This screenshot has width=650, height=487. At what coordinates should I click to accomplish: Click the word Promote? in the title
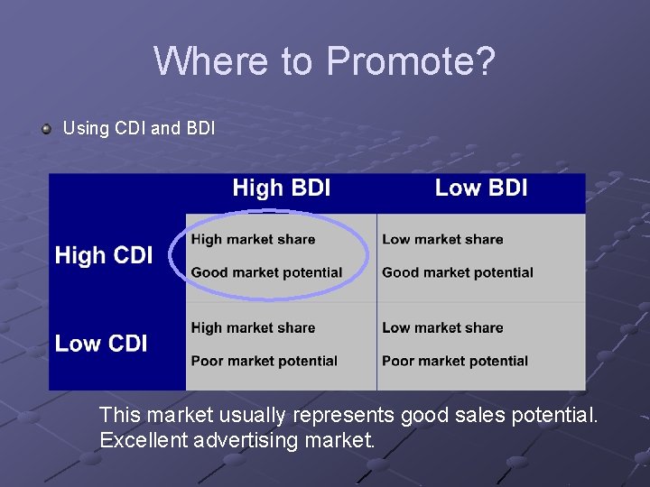point(411,61)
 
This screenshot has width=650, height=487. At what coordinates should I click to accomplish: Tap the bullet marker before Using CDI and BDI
point(46,129)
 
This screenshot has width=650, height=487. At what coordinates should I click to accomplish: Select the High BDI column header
point(281,188)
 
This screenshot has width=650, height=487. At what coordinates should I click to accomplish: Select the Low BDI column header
point(481,188)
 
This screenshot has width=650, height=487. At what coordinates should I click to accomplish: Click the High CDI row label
point(104,255)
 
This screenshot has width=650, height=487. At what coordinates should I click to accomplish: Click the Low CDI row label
point(101,344)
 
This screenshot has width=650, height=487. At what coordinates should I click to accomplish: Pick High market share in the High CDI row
point(253,239)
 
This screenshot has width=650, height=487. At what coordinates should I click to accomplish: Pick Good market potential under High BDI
point(266,272)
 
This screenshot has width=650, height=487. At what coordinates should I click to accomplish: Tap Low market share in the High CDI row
point(442,239)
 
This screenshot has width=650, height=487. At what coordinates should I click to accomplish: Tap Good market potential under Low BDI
point(458,272)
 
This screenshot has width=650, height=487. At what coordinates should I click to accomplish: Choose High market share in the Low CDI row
point(253,327)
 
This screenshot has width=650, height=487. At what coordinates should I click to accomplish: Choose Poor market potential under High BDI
point(264,361)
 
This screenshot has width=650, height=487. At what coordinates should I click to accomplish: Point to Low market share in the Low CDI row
point(442,327)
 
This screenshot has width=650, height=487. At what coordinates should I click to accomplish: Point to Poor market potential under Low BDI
point(455,361)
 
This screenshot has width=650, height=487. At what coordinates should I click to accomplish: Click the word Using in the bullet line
point(86,128)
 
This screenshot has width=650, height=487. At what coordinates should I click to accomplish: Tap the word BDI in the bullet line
point(200,128)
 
